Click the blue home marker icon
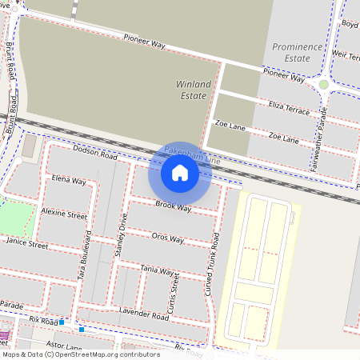tap(180, 172)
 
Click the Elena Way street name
tap(69, 181)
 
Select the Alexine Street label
tap(64, 214)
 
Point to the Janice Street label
tap(27, 241)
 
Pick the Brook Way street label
tap(174, 206)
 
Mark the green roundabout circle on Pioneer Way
tap(323, 84)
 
